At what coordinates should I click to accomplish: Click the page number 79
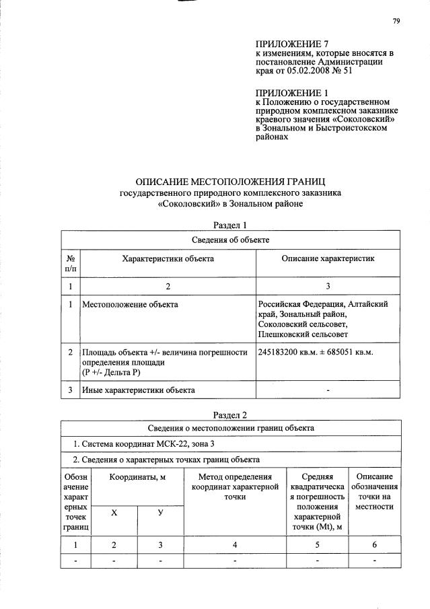pos(396,21)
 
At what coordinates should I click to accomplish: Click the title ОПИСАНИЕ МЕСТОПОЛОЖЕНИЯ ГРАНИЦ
pos(230,182)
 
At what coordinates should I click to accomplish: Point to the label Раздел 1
pos(230,225)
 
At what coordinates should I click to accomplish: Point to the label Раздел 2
pos(230,415)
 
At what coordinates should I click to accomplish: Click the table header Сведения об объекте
pos(230,239)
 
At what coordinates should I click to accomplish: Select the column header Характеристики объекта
pos(168,258)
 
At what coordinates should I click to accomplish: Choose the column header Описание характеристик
pos(328,258)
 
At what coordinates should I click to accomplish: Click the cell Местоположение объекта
pos(130,305)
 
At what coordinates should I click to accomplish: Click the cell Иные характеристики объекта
pos(139,390)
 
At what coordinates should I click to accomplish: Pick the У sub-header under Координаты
pos(160,513)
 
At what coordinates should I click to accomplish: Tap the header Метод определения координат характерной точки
pos(234,487)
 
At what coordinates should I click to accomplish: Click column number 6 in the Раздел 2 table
pos(373,544)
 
